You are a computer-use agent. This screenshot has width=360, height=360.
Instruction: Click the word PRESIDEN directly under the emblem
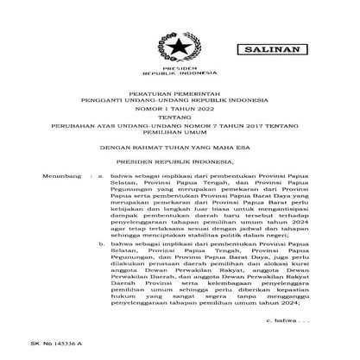pyautogui.click(x=181, y=66)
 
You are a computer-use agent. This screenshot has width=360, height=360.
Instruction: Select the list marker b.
pyautogui.click(x=101, y=244)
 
